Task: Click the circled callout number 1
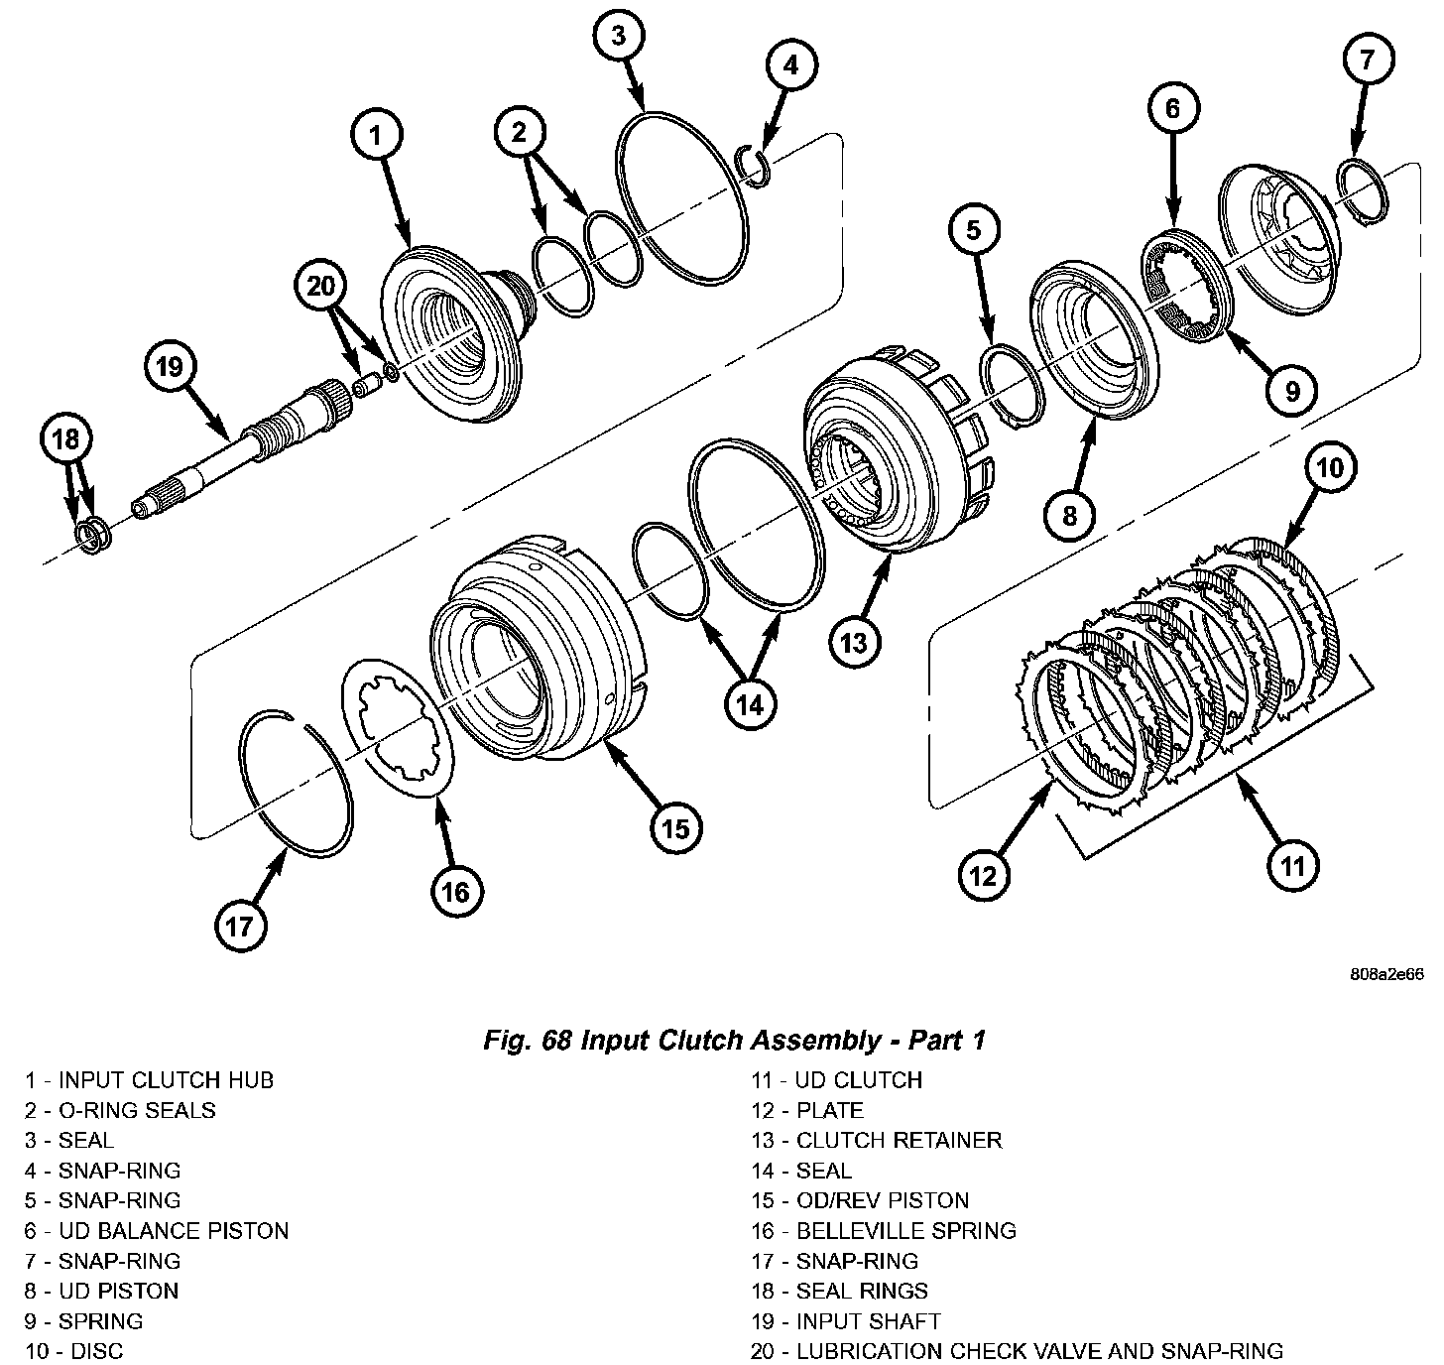[376, 135]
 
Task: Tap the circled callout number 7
[1367, 60]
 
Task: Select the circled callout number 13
[854, 643]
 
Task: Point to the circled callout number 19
[170, 366]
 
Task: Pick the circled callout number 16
[456, 892]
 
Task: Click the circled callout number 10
[1330, 467]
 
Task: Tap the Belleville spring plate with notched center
[398, 728]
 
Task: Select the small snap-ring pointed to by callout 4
[754, 166]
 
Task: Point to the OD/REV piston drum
[539, 649]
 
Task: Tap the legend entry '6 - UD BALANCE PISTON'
[157, 1230]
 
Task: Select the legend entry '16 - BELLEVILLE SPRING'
[884, 1230]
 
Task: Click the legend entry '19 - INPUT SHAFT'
[846, 1320]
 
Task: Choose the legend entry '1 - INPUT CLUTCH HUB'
[149, 1079]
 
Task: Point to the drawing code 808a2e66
[1386, 973]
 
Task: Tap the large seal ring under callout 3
[682, 197]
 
